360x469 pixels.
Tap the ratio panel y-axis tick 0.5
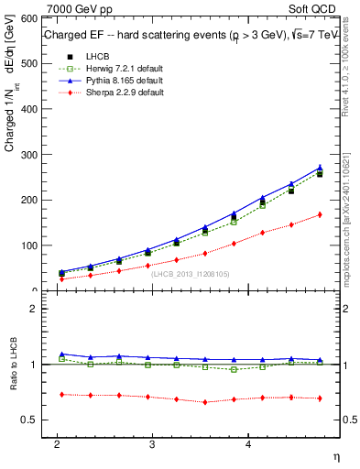28,420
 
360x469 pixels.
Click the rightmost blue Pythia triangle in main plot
320,168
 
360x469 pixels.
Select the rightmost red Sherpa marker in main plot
320,214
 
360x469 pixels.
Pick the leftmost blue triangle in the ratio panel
61,354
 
